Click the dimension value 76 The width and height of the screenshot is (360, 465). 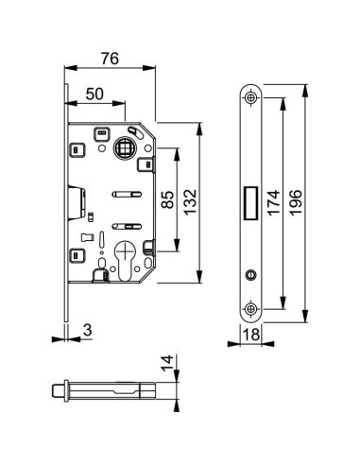pos(109,59)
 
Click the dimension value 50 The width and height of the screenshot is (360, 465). pos(95,95)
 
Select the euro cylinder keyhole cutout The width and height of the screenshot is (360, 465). pos(123,260)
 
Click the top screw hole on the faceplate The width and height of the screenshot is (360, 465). pos(250,97)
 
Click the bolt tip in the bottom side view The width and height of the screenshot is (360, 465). pos(57,391)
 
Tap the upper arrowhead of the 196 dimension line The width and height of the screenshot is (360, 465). pos(307,88)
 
